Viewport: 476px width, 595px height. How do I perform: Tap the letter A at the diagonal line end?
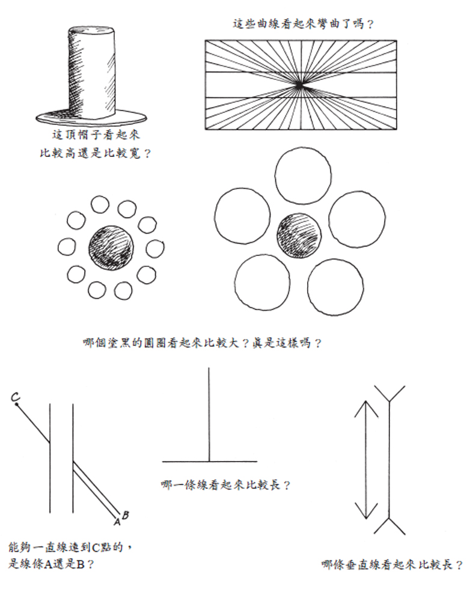click(117, 521)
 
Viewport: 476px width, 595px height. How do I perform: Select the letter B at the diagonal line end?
click(126, 514)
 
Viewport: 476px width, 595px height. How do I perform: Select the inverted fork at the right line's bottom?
click(389, 525)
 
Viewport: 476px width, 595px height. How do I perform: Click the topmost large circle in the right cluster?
click(302, 177)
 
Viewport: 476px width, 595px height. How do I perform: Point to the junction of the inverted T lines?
click(209, 462)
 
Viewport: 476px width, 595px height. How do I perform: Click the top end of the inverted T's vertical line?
click(209, 368)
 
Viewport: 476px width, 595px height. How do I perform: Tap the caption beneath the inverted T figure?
click(226, 484)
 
